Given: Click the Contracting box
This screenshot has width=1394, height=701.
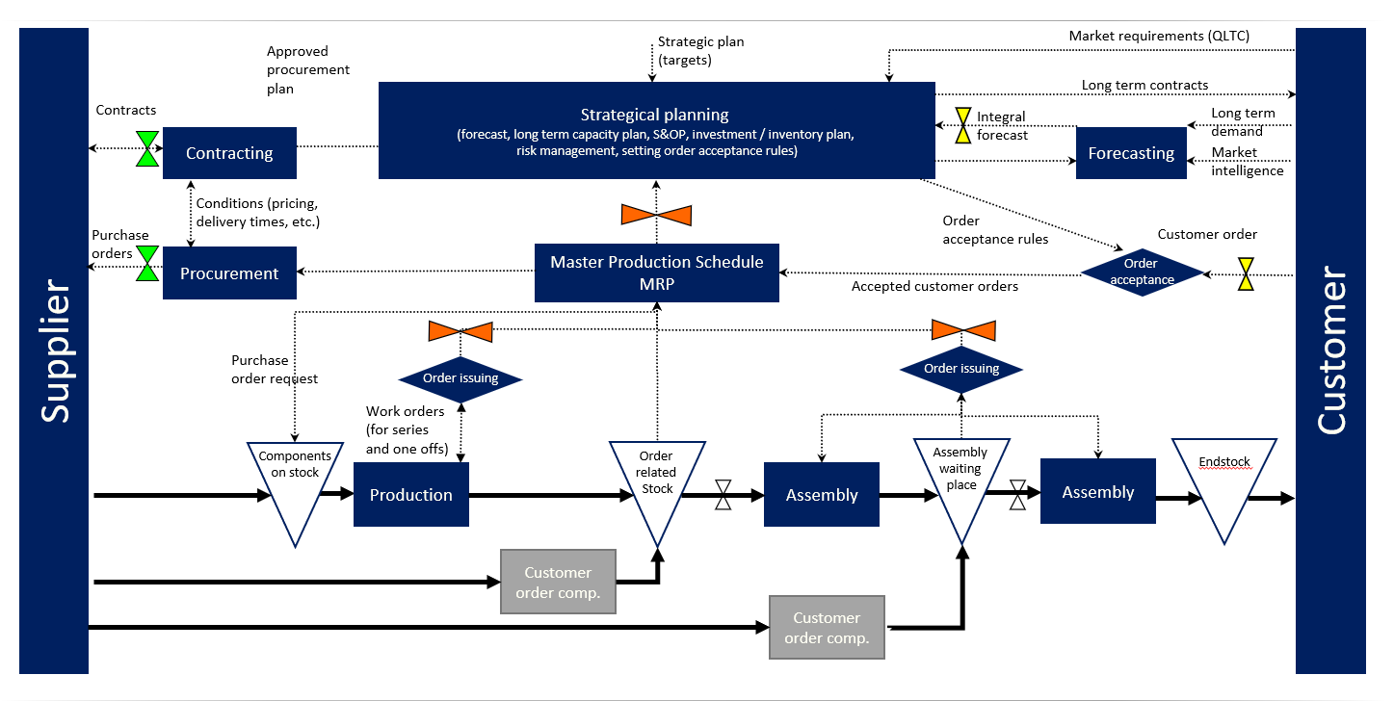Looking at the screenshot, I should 229,153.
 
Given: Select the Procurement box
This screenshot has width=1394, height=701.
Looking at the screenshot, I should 229,273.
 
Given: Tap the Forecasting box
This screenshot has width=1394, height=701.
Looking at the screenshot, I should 1131,153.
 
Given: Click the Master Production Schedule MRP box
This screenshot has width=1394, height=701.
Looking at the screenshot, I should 657,273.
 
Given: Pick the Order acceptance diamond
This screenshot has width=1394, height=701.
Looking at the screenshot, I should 1142,273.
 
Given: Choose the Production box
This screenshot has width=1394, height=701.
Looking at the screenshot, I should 411,495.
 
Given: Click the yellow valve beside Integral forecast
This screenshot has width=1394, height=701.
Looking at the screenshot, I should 963,125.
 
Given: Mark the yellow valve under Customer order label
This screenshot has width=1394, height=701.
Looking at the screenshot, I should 1246,273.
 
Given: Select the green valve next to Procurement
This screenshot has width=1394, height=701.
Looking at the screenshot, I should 147,264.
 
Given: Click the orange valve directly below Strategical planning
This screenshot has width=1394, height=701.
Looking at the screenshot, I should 656,214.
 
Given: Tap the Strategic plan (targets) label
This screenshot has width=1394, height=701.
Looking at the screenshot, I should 700,51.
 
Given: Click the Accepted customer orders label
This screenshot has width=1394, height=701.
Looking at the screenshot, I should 934,286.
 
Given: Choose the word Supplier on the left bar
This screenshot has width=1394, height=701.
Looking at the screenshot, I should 56,350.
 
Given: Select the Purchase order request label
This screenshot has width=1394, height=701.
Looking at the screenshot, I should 275,370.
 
